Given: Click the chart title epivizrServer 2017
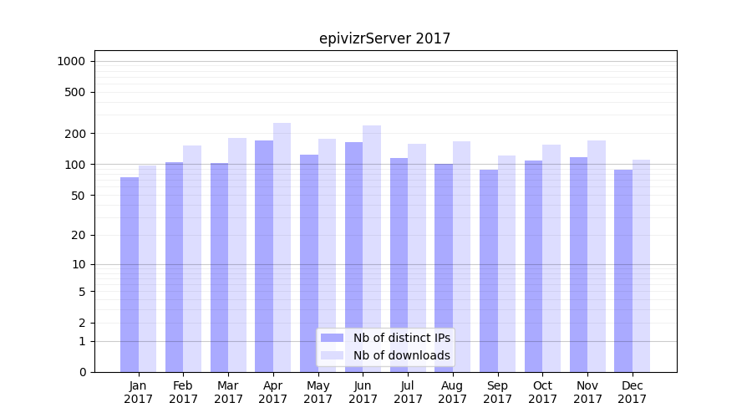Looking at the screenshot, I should click(384, 38).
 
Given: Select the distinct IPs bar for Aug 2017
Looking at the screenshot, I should click(444, 268).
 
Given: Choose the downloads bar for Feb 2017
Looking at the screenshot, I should click(192, 258).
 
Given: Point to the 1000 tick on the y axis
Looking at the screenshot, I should click(71, 61).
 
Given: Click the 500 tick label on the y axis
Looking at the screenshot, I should click(76, 92).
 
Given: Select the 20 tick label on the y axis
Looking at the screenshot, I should click(79, 235).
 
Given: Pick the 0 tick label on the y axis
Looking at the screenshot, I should click(82, 372).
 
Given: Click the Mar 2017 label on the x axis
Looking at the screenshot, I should click(228, 392).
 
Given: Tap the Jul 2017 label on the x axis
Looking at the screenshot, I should click(408, 392).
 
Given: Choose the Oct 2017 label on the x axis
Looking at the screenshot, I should click(542, 392).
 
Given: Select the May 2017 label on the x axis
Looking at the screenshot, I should click(318, 392).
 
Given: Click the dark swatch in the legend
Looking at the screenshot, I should click(333, 338).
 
